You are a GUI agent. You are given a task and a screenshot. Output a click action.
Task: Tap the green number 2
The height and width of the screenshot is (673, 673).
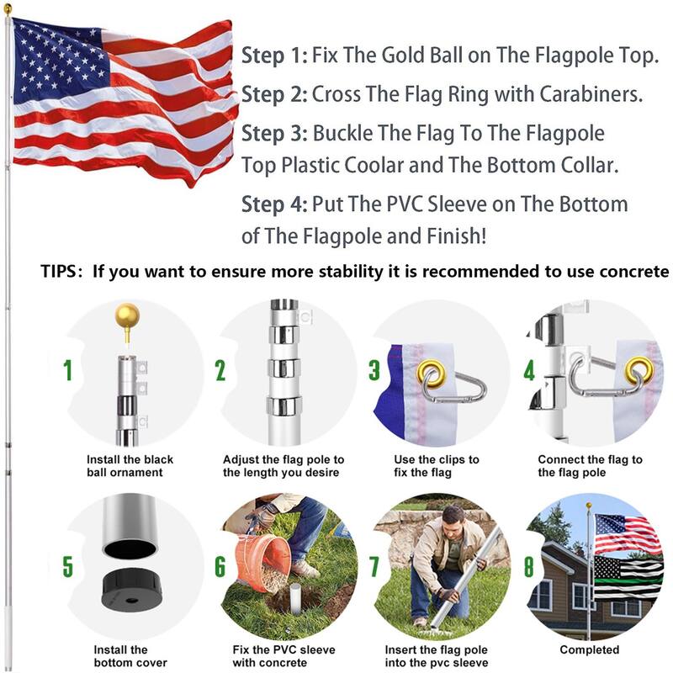coord(220,371)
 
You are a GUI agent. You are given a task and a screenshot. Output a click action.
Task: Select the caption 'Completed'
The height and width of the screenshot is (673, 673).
coord(590,649)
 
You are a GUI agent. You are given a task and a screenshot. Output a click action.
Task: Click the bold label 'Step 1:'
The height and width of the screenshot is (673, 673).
coord(274,56)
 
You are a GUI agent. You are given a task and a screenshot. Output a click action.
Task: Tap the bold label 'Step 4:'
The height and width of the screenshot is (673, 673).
coord(274,204)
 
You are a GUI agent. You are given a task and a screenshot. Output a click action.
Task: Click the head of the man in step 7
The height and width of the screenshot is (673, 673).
coord(453,516)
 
